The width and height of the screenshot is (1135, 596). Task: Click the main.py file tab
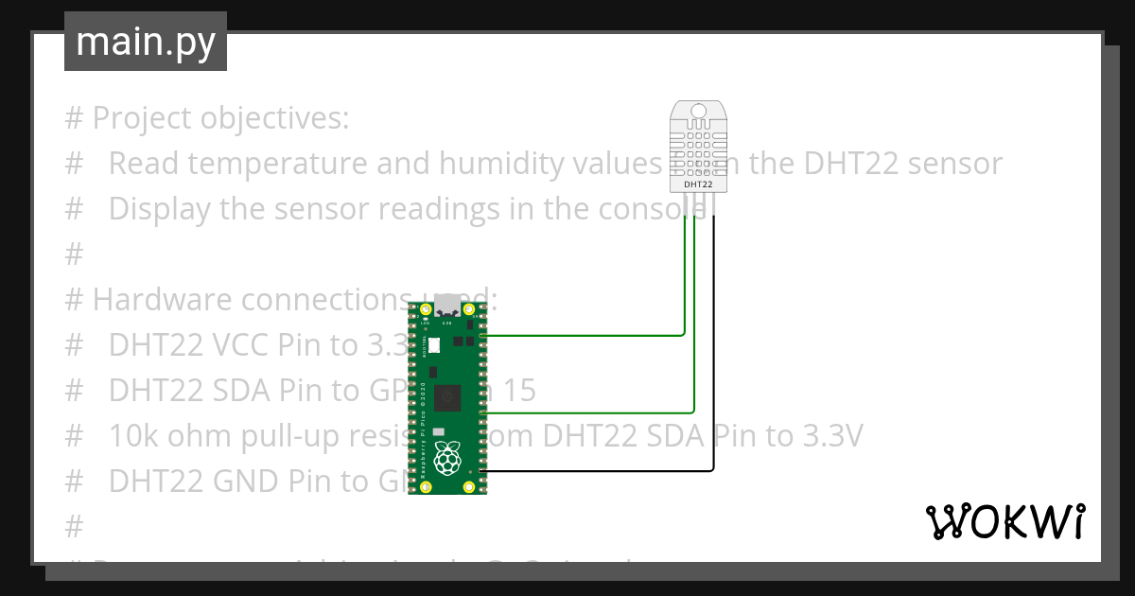pyautogui.click(x=145, y=42)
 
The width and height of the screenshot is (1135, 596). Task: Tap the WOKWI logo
pyautogui.click(x=1004, y=521)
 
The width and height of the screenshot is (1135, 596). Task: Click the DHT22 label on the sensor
pyautogui.click(x=698, y=185)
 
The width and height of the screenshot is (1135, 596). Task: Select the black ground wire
pyautogui.click(x=713, y=378)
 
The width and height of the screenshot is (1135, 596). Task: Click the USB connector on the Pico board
pyautogui.click(x=447, y=308)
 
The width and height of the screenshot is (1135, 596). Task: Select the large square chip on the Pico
pyautogui.click(x=448, y=398)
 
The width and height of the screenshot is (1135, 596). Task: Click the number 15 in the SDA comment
pyautogui.click(x=518, y=391)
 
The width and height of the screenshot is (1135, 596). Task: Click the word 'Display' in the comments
pyautogui.click(x=159, y=209)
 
